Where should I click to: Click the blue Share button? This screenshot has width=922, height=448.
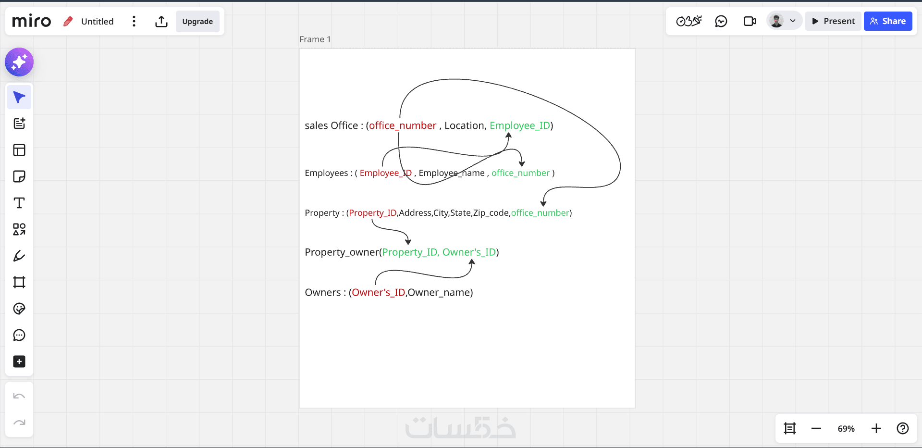point(887,21)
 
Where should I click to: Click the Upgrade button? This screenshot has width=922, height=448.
point(197,22)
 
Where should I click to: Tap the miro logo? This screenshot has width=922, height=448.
point(31,21)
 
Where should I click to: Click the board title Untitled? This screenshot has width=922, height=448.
point(97,22)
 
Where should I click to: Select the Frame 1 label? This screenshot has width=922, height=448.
point(315,39)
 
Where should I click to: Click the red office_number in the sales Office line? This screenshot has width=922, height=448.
point(403,126)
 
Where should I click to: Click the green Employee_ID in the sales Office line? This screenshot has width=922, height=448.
point(520,126)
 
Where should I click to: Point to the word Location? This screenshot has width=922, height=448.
point(464,126)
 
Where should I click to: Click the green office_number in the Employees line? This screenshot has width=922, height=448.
point(520,173)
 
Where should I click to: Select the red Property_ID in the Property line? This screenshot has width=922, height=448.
point(373,213)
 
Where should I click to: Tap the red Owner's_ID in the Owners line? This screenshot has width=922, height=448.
point(378,293)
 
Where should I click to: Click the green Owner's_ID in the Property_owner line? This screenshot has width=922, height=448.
point(469,252)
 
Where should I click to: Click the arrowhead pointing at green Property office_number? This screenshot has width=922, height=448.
point(543,203)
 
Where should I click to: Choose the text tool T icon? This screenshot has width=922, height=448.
point(19,203)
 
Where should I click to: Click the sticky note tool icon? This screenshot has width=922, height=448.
point(19,176)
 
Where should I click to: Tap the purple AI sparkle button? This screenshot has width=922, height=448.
point(19,62)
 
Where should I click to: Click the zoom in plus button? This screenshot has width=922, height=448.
point(876,428)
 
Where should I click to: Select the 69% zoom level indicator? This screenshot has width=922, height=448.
point(846,429)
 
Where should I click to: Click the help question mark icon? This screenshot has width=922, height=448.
point(902,428)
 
